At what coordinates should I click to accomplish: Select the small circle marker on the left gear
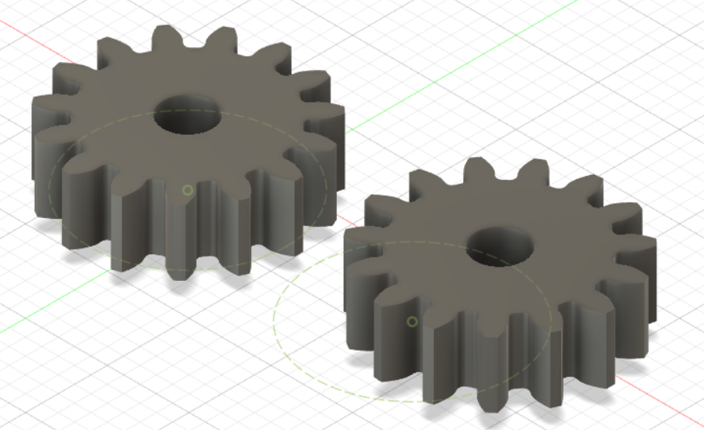[188, 190]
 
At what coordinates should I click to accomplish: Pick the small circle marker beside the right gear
[412, 321]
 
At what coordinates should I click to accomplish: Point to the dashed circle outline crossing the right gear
[276, 314]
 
